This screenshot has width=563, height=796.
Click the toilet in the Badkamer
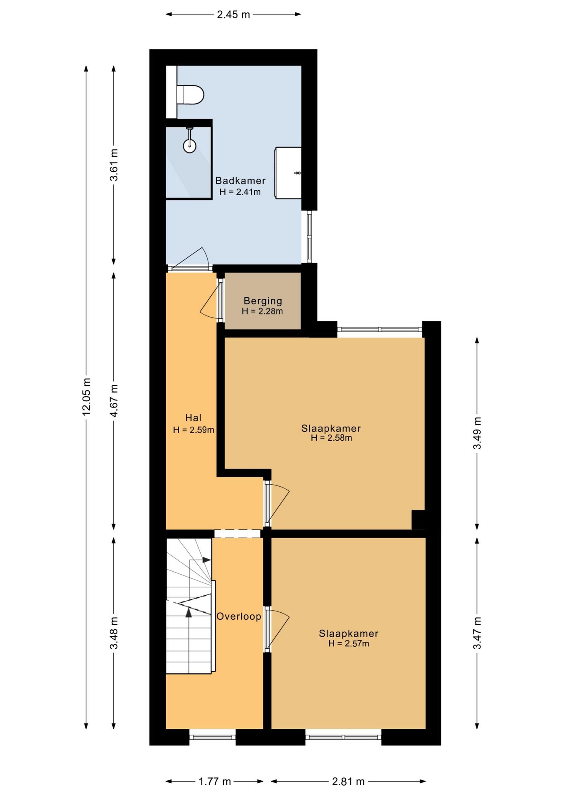(190, 95)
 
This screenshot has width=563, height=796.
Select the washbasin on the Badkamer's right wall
(289, 173)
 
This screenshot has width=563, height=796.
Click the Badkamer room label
(240, 181)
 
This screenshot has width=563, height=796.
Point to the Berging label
(263, 301)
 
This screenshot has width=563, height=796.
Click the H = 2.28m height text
(262, 311)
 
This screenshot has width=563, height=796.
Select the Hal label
(194, 418)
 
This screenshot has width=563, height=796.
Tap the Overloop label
(239, 616)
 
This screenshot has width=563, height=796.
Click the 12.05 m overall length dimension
(86, 396)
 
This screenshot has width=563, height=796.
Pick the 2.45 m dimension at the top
(233, 15)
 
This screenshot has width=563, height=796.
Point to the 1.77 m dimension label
(215, 781)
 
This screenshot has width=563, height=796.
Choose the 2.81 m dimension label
(348, 781)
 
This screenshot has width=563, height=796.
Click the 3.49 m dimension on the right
(477, 433)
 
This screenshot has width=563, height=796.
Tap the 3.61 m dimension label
(114, 165)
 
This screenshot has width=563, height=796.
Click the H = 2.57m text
(349, 643)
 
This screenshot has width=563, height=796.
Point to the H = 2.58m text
(331, 438)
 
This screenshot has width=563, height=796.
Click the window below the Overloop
(213, 737)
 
